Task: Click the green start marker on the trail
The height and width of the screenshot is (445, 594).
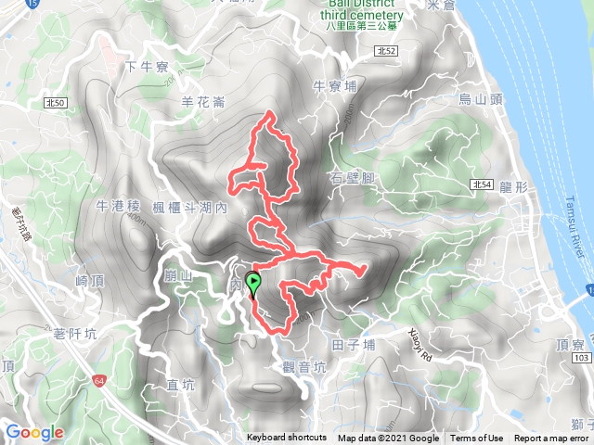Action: pyautogui.click(x=253, y=285)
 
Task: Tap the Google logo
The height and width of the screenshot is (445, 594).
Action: pyautogui.click(x=34, y=432)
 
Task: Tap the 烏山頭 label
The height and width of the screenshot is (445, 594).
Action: pyautogui.click(x=479, y=99)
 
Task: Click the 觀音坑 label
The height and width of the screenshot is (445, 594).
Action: pyautogui.click(x=305, y=367)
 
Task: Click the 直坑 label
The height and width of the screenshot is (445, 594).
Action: pyautogui.click(x=181, y=384)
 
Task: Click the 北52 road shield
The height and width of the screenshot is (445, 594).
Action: pyautogui.click(x=389, y=52)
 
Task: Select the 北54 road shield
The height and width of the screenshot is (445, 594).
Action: pyautogui.click(x=481, y=184)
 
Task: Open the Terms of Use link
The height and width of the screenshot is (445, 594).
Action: pyautogui.click(x=477, y=439)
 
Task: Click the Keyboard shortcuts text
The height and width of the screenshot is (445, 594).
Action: pyautogui.click(x=287, y=439)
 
